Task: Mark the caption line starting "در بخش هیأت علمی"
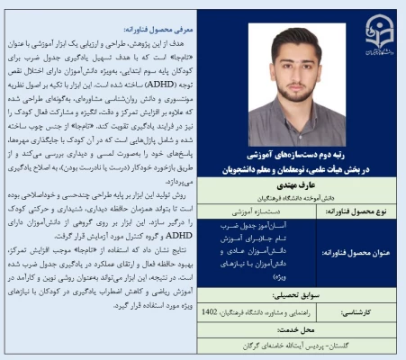(x=298, y=167)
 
